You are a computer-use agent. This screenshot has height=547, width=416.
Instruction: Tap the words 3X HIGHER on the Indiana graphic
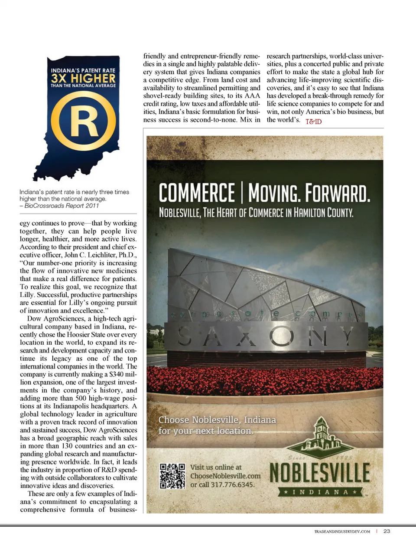83,78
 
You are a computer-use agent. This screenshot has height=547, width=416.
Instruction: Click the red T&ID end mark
314,122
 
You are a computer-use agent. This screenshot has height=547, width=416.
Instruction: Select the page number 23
387,531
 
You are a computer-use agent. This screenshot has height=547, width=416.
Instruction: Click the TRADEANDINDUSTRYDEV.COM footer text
342,531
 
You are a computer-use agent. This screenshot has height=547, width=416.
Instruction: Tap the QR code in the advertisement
172,476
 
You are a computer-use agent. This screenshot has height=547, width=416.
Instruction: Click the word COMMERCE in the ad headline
197,193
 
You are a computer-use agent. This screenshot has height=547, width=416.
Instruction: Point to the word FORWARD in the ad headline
338,193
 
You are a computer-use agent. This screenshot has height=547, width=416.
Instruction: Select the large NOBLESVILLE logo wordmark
320,473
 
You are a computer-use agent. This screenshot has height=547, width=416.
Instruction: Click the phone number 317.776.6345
233,484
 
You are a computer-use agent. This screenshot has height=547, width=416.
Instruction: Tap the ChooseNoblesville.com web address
225,476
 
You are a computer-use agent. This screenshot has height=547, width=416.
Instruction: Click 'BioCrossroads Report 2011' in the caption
62,206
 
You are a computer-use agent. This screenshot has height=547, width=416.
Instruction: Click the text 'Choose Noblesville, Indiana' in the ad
217,420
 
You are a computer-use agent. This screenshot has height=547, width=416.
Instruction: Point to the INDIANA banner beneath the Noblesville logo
320,492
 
